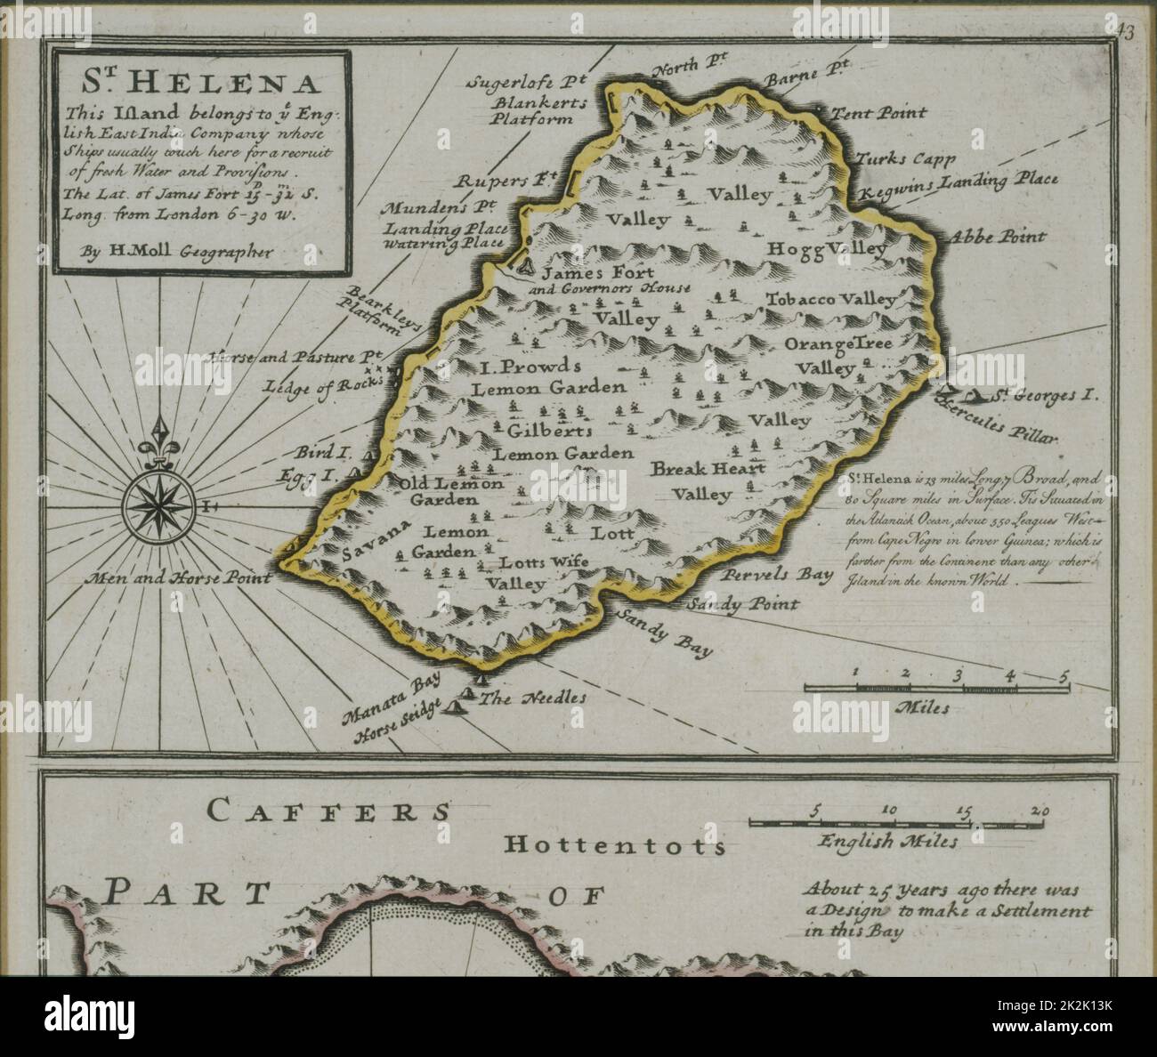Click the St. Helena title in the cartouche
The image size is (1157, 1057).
pos(203,84)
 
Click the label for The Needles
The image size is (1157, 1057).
pos(533,698)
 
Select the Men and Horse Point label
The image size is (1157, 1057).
pos(178,577)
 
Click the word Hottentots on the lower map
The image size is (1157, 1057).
pos(614,844)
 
